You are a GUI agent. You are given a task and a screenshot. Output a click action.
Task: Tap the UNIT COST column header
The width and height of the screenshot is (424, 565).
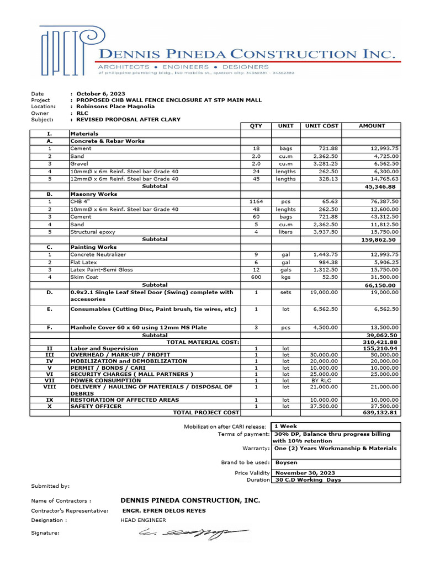click(x=321, y=126)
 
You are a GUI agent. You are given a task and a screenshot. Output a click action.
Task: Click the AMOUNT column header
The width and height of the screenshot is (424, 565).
click(x=372, y=126)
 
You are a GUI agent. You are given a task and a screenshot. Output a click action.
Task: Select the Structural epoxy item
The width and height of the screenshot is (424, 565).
click(x=92, y=232)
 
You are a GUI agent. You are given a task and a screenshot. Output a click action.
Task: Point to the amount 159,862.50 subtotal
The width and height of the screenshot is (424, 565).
click(x=379, y=240)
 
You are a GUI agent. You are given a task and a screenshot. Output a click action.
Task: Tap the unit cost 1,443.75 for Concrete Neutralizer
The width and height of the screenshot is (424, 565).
click(x=325, y=255)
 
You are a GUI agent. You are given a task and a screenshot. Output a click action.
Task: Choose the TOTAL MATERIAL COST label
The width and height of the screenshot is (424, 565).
click(x=203, y=343)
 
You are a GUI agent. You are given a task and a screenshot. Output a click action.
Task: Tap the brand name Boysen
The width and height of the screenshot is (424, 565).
click(x=285, y=462)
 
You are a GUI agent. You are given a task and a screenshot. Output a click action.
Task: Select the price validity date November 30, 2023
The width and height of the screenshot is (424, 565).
click(x=305, y=473)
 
